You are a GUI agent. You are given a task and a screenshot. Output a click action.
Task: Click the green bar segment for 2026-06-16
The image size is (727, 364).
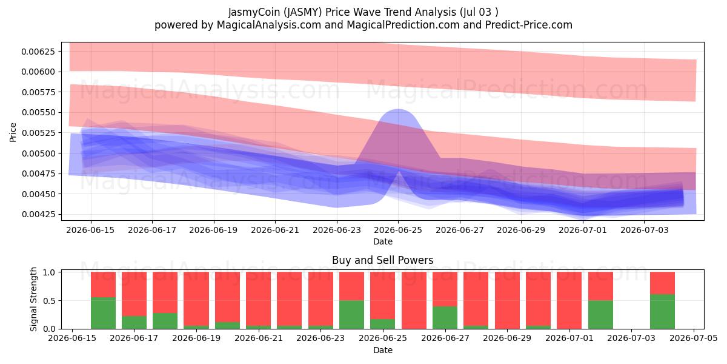coord(103,313)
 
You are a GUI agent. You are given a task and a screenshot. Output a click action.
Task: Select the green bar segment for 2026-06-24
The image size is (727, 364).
coord(352,315)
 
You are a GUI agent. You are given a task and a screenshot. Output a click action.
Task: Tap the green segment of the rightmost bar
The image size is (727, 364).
coord(662,312)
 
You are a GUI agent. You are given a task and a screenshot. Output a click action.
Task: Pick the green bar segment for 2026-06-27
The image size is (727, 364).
coord(445,317)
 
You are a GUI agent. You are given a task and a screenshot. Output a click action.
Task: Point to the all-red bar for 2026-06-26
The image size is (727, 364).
coord(414,300)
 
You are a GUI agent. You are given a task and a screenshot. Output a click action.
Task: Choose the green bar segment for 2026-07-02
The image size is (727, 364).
coord(600,315)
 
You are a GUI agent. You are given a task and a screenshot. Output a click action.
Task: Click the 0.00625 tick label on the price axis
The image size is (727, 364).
coord(38,52)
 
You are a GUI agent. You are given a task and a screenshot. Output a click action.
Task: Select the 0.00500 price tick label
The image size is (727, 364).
coord(38,153)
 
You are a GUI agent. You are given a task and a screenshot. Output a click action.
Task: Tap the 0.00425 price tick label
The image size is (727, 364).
coord(38,214)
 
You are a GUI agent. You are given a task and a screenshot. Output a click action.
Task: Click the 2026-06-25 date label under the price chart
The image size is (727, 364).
coord(398,230)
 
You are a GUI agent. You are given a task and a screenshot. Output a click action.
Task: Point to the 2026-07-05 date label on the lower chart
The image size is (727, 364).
coord(694,338)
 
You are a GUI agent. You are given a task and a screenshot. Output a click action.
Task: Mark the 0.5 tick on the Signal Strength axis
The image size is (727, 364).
coord(49,301)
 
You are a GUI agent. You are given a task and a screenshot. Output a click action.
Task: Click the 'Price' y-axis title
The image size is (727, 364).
coord(13,132)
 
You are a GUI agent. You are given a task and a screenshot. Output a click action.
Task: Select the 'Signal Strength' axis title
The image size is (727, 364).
coord(33,299)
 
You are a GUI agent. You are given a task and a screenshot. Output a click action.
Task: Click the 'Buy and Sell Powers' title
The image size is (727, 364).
coord(383,260)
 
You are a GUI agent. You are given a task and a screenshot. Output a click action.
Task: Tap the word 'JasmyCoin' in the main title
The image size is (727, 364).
coord(254,12)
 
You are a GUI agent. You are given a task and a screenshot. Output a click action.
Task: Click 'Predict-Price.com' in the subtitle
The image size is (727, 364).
coord(529,25)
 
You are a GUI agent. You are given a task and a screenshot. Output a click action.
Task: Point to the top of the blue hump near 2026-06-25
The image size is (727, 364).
coord(398,110)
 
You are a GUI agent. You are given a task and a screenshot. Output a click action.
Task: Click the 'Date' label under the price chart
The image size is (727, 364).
coord(383,241)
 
